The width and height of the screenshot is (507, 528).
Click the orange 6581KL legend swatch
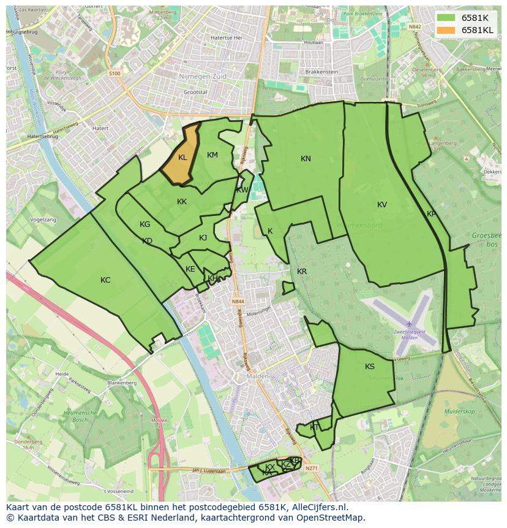[446, 30]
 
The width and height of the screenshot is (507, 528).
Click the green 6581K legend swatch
[446, 18]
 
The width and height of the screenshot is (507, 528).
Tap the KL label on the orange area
[182, 158]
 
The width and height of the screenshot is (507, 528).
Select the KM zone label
[212, 155]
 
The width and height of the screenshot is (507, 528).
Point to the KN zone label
[306, 159]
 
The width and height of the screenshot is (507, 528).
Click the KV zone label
[382, 205]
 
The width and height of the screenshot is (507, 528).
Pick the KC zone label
[105, 280]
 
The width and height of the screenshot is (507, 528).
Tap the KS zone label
[370, 367]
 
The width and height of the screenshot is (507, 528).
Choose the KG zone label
[145, 224]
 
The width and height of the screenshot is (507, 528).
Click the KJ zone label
[203, 238]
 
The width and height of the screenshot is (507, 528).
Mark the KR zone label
[302, 272]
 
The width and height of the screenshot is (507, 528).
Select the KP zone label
[432, 214]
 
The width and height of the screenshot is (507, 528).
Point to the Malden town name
[254, 376]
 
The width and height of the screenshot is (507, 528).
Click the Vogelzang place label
[42, 219]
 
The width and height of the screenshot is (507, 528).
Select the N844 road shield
[238, 302]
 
